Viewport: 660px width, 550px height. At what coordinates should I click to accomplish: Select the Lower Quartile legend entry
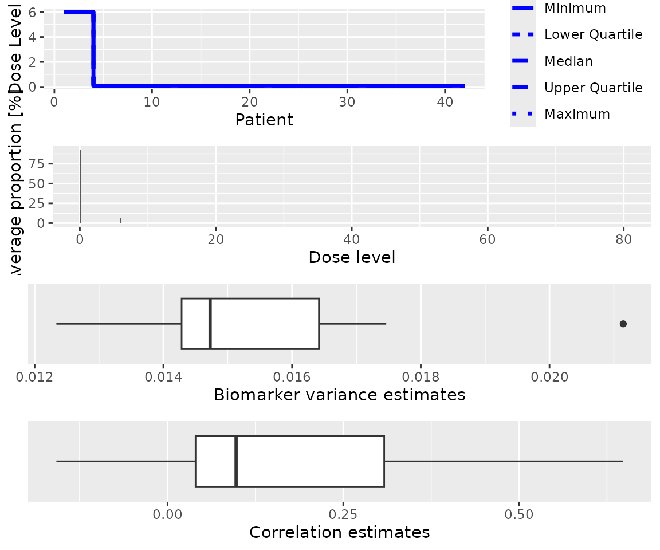[593, 34]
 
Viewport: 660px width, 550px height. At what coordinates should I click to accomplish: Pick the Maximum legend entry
[577, 114]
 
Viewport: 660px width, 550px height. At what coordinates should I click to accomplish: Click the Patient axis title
[264, 120]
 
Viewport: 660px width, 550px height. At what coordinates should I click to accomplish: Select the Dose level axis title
[352, 257]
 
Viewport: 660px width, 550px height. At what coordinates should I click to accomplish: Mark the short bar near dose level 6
[120, 220]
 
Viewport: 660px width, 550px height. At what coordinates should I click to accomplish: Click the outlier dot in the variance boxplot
[623, 324]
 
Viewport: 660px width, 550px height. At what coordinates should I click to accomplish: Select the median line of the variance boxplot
[210, 324]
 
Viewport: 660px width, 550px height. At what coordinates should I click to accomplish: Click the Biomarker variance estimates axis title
[339, 395]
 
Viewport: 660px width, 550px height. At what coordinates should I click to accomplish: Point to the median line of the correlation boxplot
[236, 461]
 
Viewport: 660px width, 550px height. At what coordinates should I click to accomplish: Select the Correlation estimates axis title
[339, 532]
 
